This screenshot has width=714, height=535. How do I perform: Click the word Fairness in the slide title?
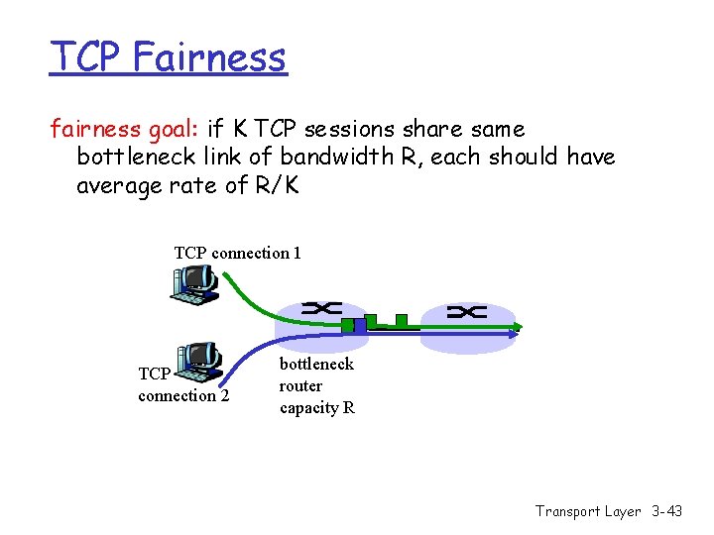[x=209, y=57]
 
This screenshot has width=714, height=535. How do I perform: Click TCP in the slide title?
[x=85, y=57]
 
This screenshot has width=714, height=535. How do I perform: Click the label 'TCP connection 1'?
[x=237, y=253]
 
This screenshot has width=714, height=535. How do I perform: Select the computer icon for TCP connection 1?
[x=192, y=282]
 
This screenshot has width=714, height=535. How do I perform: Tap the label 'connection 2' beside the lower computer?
[x=183, y=396]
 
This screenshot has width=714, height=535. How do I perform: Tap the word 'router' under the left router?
[x=300, y=386]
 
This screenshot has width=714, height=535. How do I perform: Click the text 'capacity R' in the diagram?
[x=316, y=408]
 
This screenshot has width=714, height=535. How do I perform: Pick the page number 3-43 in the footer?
[x=667, y=511]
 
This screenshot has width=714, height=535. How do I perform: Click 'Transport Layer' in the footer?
[x=588, y=511]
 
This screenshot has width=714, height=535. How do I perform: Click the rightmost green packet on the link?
[x=401, y=320]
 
